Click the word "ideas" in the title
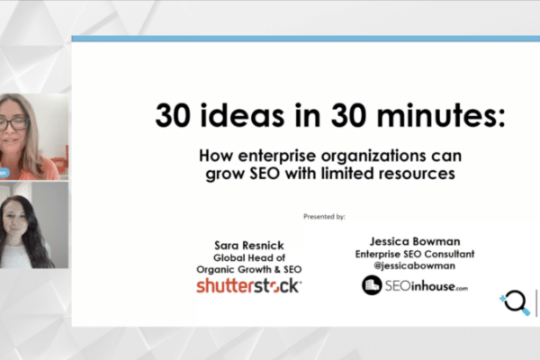242,115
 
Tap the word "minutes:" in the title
441,115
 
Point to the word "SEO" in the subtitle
265,173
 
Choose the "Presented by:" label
324,216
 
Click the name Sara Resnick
249,246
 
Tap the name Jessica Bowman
415,241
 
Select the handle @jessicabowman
415,265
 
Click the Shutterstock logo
249,286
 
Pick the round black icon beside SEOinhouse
372,285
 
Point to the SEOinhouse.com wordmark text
427,286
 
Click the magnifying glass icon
516,302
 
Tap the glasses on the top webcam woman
13,124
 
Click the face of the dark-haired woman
14,220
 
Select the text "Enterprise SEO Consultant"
415,254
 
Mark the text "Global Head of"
249,257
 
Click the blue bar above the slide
306,39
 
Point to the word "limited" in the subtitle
347,173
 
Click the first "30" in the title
172,115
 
